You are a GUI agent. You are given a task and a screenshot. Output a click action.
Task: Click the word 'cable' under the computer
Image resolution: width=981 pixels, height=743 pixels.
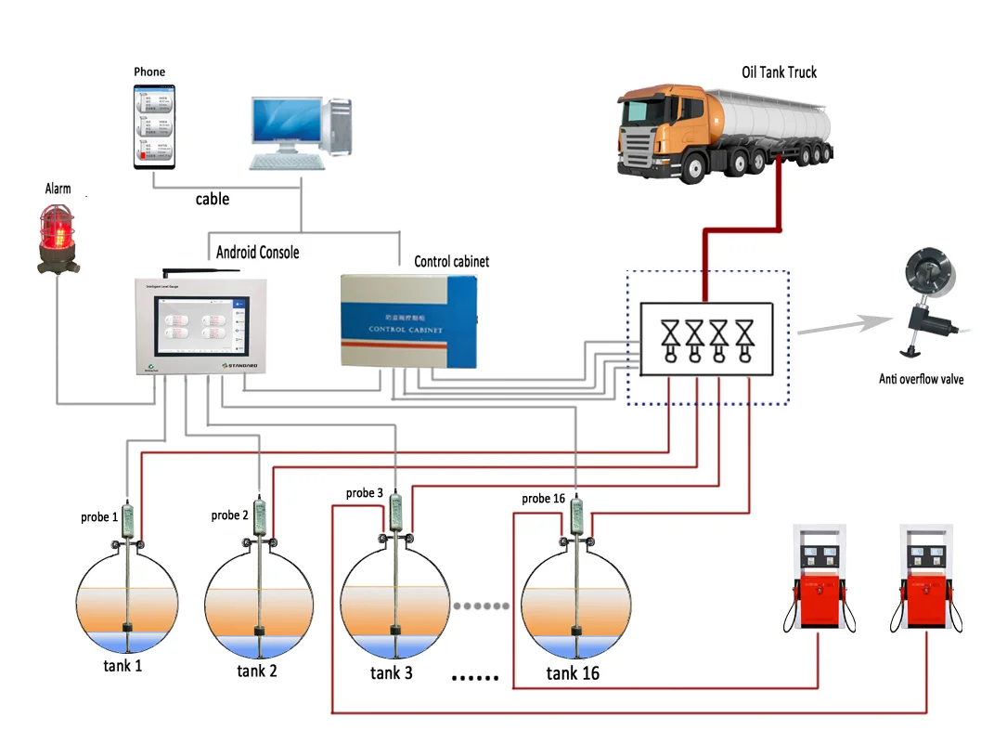tap(212, 199)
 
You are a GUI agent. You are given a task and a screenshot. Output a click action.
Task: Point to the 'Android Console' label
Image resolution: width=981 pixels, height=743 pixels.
tap(257, 252)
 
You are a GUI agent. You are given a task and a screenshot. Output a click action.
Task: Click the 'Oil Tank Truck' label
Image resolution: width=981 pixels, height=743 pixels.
tap(779, 72)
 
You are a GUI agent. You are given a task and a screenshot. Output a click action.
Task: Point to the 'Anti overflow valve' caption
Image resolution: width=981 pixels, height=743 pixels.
tap(921, 379)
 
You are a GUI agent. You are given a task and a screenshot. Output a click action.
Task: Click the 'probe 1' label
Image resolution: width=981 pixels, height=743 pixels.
tap(99, 516)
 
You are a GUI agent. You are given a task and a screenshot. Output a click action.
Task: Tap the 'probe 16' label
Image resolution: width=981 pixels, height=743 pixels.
tap(543, 499)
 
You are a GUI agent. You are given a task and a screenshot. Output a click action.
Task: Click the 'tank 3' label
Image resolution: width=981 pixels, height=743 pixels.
tap(391, 672)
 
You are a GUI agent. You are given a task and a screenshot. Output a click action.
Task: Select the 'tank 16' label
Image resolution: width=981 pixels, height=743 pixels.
tap(572, 673)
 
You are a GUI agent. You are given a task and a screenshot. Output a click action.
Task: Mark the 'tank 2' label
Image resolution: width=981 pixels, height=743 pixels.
tap(257, 671)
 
